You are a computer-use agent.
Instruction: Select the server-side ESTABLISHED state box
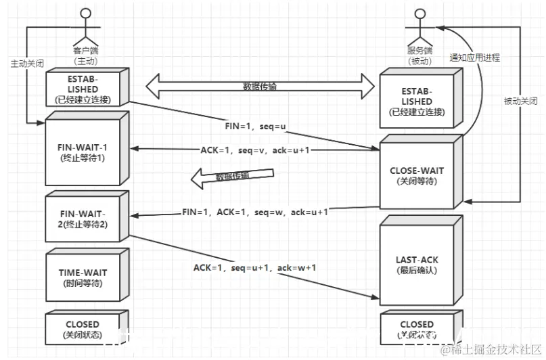(416, 100)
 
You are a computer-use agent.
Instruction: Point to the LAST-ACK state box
(416, 264)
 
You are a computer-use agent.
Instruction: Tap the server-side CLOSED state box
(416, 328)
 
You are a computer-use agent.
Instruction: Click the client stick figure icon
(85, 27)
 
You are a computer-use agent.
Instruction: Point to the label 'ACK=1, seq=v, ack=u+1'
(254, 150)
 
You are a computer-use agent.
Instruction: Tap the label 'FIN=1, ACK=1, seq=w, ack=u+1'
(254, 212)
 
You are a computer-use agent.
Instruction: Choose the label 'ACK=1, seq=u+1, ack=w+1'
(254, 268)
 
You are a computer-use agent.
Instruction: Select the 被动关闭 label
(520, 101)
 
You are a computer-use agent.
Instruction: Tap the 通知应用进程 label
(474, 58)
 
